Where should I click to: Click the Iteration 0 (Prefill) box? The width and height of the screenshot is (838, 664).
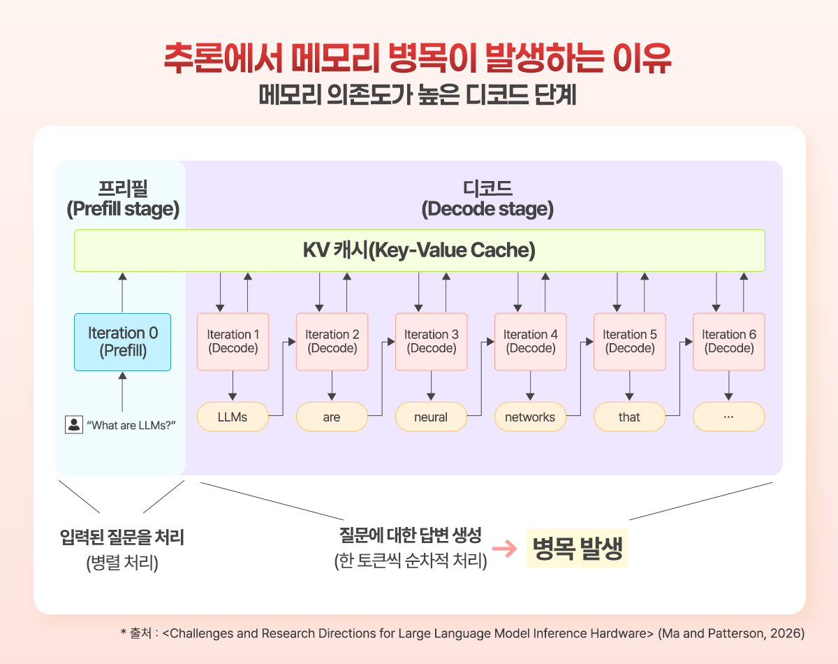pyautogui.click(x=122, y=342)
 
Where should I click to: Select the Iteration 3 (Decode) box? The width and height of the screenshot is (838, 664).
pyautogui.click(x=431, y=341)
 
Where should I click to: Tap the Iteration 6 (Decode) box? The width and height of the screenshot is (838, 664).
pyautogui.click(x=728, y=341)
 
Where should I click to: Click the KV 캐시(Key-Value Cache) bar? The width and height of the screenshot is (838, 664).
pyautogui.click(x=419, y=250)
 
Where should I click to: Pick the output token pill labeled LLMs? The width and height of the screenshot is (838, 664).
pyautogui.click(x=233, y=417)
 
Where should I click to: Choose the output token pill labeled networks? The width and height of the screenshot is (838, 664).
pyautogui.click(x=530, y=417)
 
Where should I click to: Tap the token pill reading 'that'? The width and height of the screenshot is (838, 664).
pyautogui.click(x=629, y=417)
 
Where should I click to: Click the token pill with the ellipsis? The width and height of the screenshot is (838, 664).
pyautogui.click(x=728, y=417)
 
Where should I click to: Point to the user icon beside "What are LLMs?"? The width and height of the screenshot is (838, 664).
pyautogui.click(x=73, y=424)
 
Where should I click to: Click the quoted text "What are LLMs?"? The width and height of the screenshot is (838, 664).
pyautogui.click(x=131, y=425)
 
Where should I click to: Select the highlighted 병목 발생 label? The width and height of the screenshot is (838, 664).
pyautogui.click(x=577, y=549)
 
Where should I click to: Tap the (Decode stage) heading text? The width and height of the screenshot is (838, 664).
pyautogui.click(x=487, y=209)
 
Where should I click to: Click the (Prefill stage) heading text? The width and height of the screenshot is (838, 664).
pyautogui.click(x=122, y=209)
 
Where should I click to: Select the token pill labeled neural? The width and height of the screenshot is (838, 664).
pyautogui.click(x=431, y=417)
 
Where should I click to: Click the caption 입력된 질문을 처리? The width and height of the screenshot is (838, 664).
pyautogui.click(x=122, y=538)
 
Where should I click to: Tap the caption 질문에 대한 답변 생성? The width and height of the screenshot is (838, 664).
pyautogui.click(x=411, y=536)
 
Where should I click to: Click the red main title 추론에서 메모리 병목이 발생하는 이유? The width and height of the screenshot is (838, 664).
pyautogui.click(x=418, y=59)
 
